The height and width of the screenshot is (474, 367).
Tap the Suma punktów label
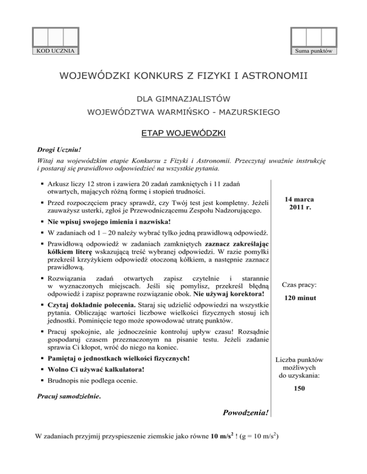coord(314,51)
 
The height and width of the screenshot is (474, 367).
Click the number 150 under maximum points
coord(300,389)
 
